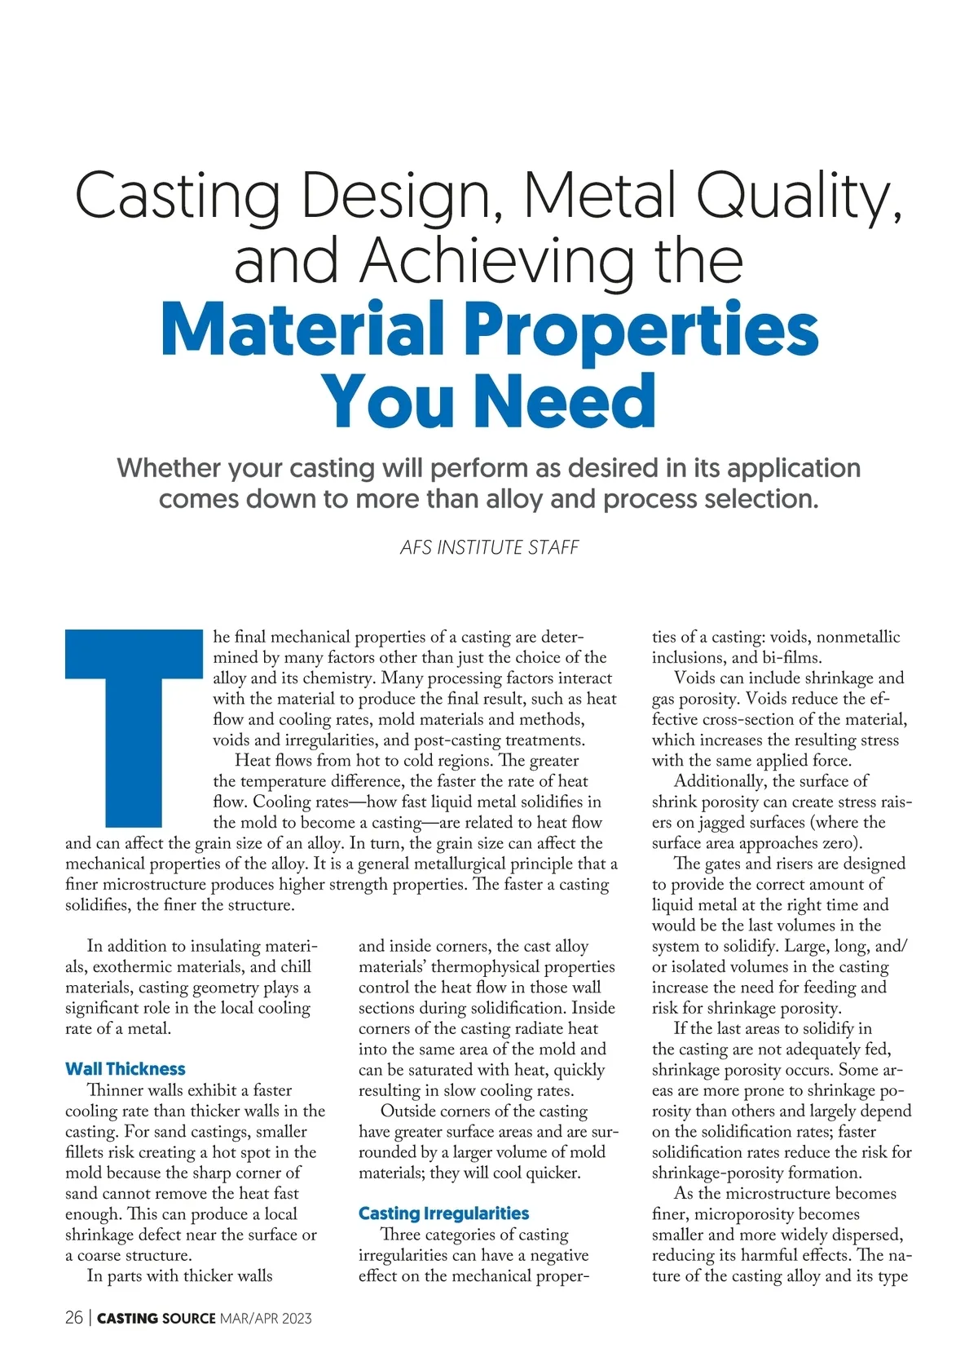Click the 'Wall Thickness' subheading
click(126, 1068)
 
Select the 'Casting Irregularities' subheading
click(443, 1213)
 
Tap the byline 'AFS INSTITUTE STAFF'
click(489, 547)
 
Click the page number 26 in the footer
click(74, 1318)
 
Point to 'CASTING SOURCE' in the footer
click(156, 1319)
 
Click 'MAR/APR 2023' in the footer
click(266, 1319)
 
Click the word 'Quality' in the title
click(795, 197)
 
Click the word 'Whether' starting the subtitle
click(169, 468)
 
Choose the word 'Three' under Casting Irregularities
click(404, 1235)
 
